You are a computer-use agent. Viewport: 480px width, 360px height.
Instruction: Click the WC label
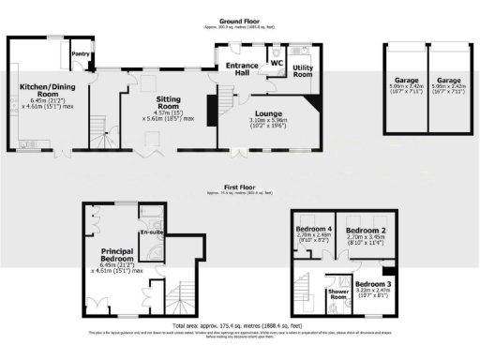point(276,65)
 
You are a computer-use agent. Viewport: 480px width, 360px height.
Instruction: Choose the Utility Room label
point(302,71)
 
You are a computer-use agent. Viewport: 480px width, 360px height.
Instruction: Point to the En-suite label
point(150,232)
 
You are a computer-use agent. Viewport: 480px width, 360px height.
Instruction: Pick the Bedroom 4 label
point(314,229)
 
